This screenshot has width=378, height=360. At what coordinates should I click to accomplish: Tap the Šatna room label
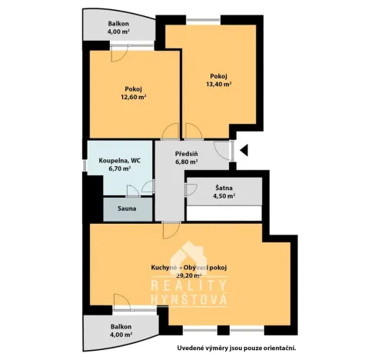(224, 188)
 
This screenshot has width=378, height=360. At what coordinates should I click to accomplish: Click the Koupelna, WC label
(119, 160)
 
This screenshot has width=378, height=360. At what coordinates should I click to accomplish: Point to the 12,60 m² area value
(134, 98)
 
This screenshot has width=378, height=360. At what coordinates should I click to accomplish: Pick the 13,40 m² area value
(220, 85)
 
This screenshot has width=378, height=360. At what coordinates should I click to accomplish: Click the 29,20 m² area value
(188, 275)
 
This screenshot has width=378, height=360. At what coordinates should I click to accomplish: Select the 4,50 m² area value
(224, 196)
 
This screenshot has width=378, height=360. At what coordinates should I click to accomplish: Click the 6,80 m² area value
(187, 162)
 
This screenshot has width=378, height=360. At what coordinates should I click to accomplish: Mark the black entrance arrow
(244, 150)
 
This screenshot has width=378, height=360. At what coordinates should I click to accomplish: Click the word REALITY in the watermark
(188, 285)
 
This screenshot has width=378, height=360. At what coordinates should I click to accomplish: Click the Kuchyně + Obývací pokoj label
(188, 267)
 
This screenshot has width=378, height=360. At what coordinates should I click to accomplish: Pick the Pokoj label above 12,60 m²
(134, 89)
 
